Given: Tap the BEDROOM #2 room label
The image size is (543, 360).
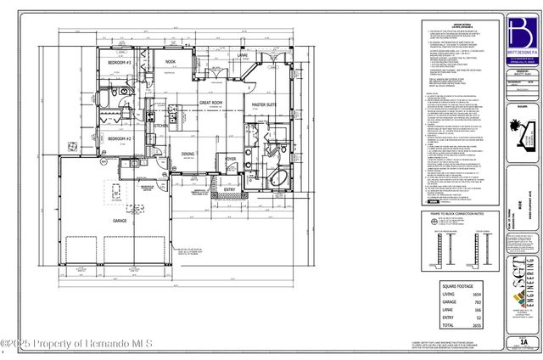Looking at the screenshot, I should tap(116, 138).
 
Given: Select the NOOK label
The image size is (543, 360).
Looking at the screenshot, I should tap(170, 62).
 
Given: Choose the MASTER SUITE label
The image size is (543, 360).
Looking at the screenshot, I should tap(267, 105).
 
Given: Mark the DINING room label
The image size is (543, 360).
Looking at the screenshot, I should tap(188, 154).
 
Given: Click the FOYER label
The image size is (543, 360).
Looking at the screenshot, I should tap(230, 159).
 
